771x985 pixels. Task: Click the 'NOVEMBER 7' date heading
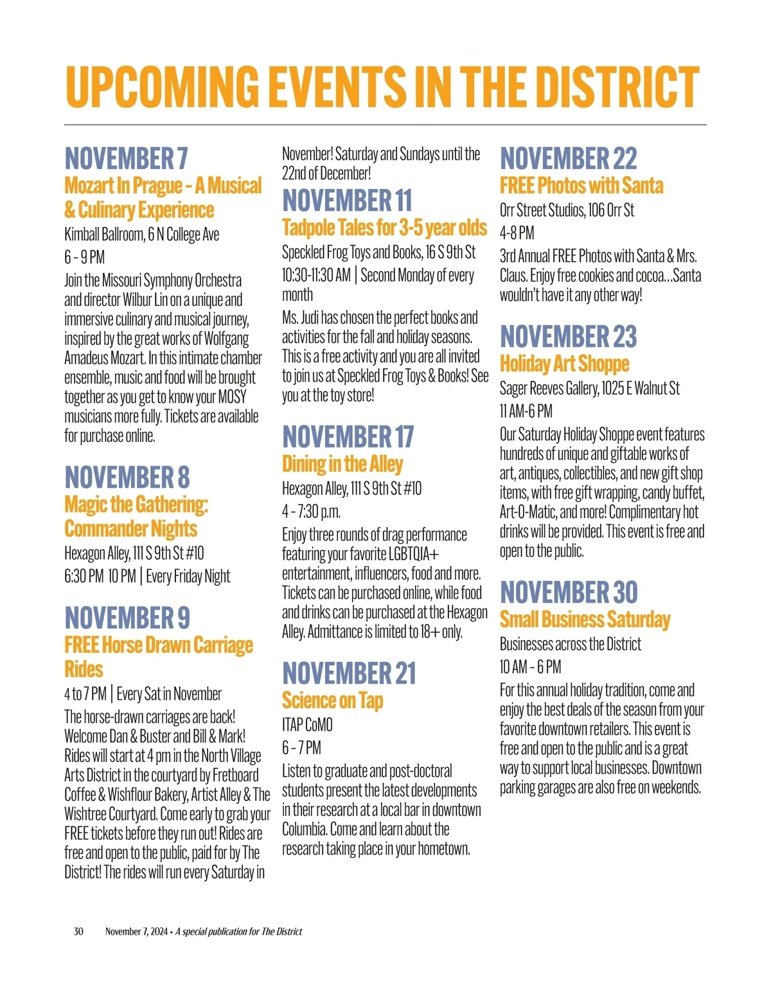(126, 158)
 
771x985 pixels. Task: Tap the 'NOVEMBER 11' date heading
(347, 200)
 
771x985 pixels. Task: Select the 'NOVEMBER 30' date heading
(569, 592)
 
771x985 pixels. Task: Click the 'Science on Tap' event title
(332, 700)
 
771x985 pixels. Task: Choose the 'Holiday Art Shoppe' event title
(564, 364)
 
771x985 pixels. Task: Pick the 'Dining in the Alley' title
(342, 464)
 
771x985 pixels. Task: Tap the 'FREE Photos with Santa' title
(581, 186)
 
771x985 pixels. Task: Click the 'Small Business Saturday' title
(585, 619)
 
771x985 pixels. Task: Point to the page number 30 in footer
(78, 932)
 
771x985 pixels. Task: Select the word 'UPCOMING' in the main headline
(163, 87)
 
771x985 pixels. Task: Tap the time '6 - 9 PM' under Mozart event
(84, 258)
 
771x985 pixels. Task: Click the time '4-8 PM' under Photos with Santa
(517, 233)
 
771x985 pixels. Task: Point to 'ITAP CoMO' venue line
(307, 725)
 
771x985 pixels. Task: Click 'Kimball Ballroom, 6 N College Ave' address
(141, 235)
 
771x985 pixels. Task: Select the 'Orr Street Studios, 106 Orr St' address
(567, 210)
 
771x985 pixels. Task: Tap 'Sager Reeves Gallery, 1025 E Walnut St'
(589, 388)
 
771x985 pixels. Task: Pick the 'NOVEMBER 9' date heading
(127, 618)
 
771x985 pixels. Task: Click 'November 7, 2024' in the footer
(136, 932)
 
